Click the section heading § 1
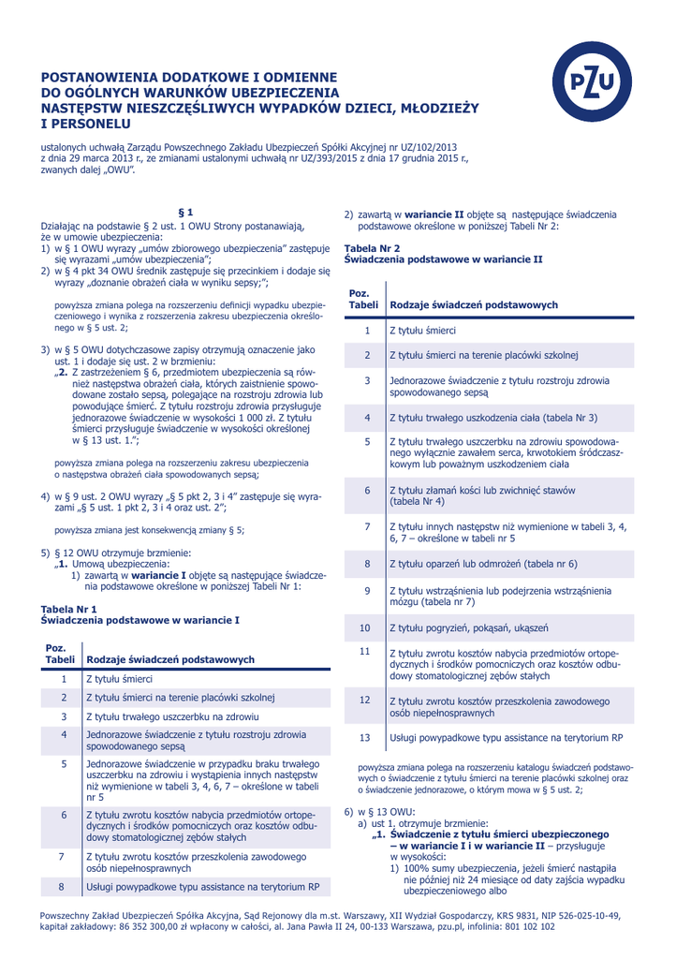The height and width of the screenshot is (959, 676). (185, 214)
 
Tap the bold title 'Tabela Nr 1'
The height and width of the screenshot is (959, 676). (68, 609)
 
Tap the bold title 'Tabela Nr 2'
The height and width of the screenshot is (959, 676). (373, 248)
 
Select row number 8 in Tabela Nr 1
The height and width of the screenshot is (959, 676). (62, 885)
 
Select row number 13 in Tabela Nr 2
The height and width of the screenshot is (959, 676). (366, 737)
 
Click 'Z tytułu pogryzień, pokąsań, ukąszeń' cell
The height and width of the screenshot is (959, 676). (468, 627)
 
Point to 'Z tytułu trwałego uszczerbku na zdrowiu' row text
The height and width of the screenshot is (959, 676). (179, 716)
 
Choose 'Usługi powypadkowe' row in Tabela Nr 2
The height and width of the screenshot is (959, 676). (506, 737)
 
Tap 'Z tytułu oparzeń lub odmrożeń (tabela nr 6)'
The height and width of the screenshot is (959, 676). (482, 564)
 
